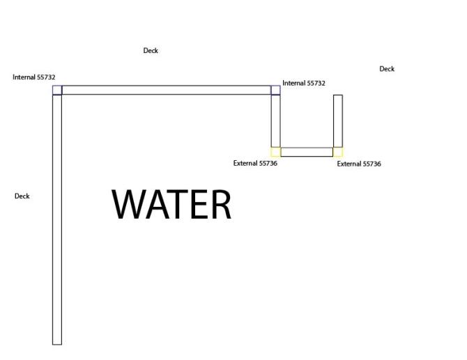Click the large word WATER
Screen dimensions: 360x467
171,204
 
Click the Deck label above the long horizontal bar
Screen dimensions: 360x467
151,51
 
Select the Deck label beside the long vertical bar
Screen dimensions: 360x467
22,196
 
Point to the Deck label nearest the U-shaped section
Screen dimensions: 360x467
387,69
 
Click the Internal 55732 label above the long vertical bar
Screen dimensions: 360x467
34,77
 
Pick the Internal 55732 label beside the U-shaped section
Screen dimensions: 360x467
304,84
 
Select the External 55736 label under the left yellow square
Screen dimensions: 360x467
256,164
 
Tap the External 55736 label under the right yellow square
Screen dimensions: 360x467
359,164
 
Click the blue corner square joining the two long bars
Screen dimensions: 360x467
57,90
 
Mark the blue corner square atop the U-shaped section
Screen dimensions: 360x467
275,90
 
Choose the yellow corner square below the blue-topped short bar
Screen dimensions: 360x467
275,152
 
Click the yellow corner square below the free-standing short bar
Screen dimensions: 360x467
338,152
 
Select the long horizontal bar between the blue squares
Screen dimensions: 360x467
166,90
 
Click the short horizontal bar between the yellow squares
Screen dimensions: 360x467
307,152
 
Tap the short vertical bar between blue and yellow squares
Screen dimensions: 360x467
275,120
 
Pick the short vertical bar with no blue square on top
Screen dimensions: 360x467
338,120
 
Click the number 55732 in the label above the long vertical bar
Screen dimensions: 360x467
46,77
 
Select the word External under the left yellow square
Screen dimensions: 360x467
246,164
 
